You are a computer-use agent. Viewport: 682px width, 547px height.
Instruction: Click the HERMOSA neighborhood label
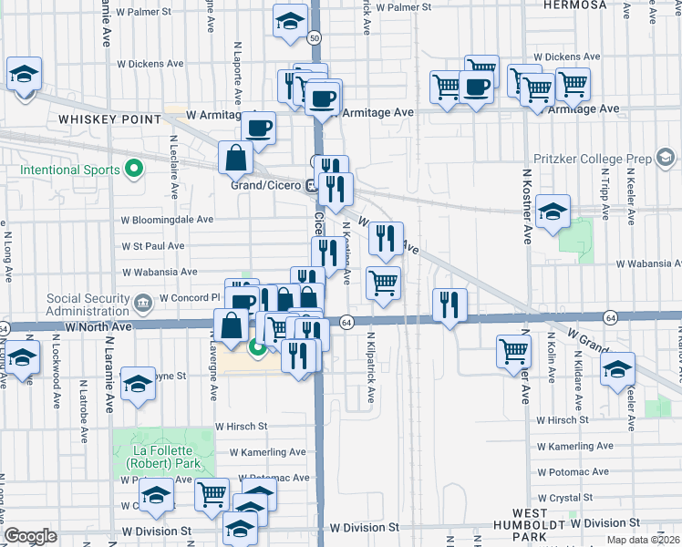(x=574, y=5)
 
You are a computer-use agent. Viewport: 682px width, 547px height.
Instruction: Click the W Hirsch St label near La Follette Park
(x=241, y=426)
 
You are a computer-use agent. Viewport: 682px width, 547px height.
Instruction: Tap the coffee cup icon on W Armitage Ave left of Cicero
(x=258, y=129)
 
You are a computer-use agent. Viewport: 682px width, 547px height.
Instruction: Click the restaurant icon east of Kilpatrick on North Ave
(x=449, y=304)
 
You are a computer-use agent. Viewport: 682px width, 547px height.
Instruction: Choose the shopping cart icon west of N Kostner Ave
(x=514, y=351)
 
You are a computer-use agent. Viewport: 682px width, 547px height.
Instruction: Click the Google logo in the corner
(x=30, y=536)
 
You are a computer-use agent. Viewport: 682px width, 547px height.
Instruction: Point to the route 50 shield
(x=314, y=38)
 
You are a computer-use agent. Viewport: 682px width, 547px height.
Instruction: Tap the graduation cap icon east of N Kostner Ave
(x=553, y=212)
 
